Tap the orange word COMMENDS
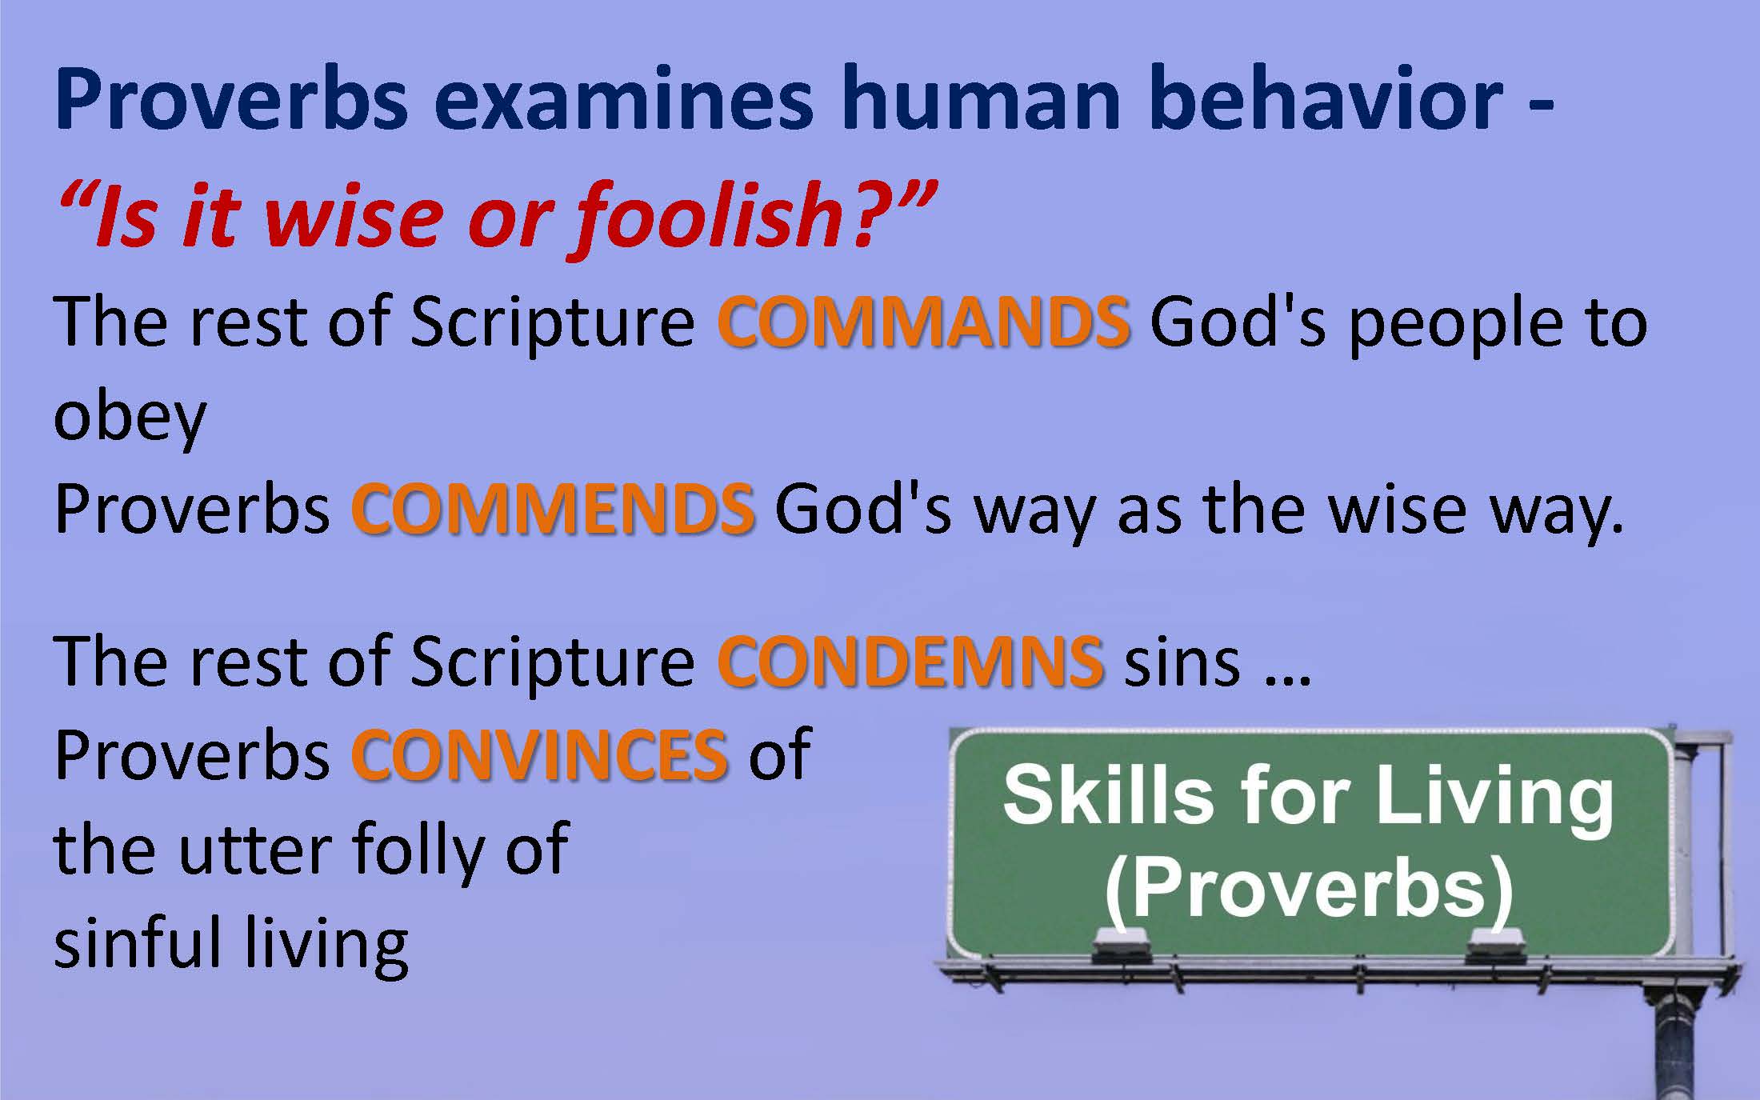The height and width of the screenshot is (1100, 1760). [553, 510]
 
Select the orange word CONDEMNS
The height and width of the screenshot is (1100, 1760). [911, 662]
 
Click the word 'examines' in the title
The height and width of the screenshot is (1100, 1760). [624, 99]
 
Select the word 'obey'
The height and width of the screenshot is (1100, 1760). [130, 418]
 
